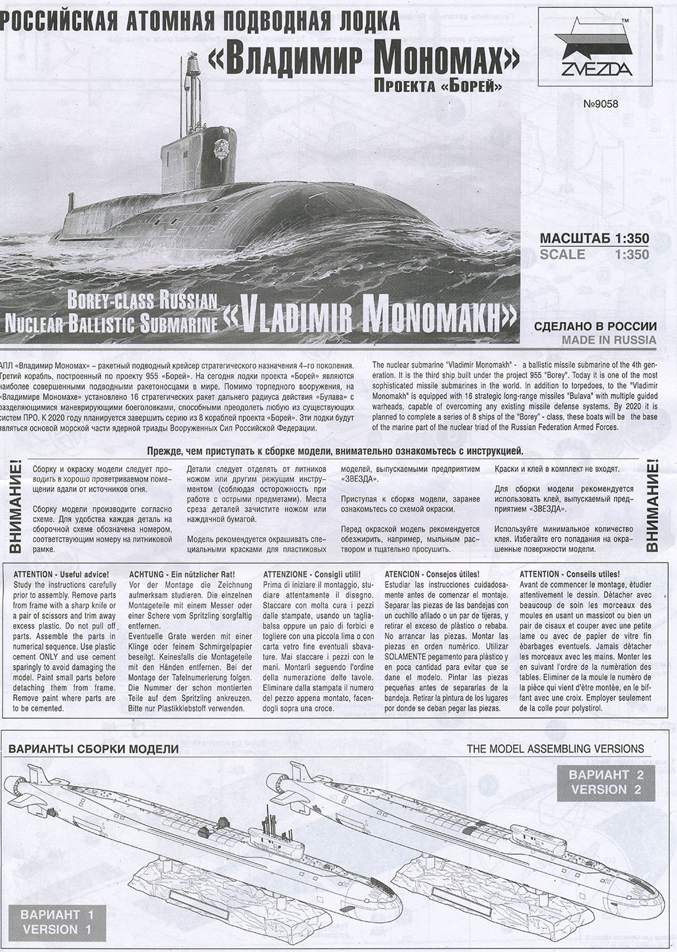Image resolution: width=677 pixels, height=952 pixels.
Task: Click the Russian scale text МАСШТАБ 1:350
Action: (594, 239)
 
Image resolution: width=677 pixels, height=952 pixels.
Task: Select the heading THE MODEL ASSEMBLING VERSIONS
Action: (555, 748)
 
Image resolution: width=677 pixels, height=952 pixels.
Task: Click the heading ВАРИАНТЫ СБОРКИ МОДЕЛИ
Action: (93, 749)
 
